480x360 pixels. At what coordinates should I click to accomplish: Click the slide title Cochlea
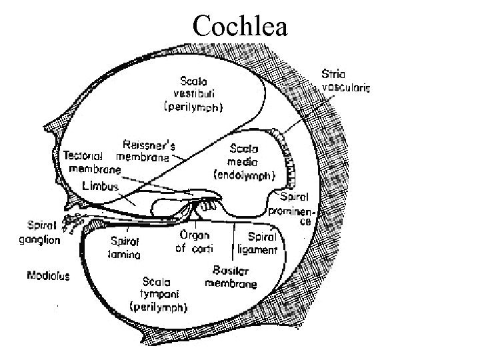239,26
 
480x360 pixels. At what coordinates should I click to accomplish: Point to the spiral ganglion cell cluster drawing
71,221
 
